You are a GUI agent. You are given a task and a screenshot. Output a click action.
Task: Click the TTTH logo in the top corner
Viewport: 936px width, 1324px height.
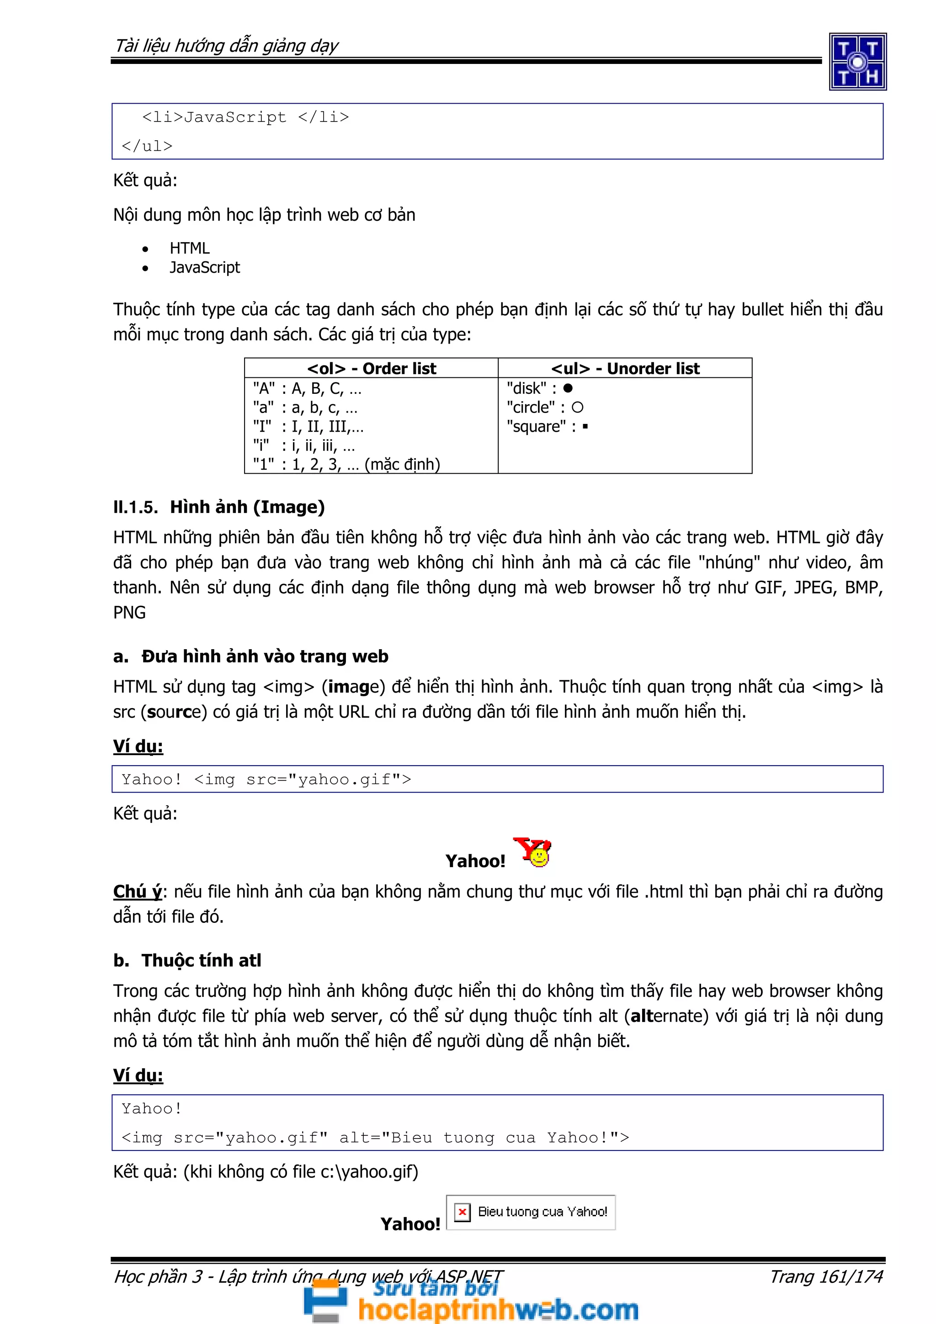[x=857, y=62]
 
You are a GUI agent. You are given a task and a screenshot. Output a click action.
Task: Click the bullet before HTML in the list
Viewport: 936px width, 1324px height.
[x=145, y=249]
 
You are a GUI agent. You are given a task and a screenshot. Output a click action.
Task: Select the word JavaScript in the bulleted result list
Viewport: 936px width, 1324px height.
[x=204, y=268]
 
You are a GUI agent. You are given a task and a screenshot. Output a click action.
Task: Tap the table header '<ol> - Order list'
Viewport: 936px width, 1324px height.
[x=372, y=369]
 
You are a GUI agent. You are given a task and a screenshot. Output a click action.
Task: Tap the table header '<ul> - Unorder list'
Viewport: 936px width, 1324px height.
[x=625, y=369]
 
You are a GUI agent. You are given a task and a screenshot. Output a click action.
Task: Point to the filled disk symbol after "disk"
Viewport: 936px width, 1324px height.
[x=568, y=388]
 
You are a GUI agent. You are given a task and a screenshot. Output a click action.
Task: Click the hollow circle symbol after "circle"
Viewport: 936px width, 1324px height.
[x=577, y=408]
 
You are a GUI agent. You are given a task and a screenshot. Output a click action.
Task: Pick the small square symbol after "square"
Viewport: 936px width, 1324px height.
[x=585, y=427]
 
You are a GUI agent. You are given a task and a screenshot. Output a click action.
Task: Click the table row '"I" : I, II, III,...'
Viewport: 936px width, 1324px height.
[x=308, y=427]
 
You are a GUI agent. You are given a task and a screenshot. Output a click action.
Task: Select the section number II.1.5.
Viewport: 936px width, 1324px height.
[x=135, y=508]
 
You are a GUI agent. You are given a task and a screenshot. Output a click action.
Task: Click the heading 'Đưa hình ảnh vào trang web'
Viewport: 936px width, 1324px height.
[x=265, y=656]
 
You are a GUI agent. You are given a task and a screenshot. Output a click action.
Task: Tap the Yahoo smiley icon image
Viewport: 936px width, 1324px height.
[x=533, y=853]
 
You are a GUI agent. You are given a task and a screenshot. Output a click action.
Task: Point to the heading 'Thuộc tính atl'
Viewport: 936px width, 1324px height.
[x=201, y=960]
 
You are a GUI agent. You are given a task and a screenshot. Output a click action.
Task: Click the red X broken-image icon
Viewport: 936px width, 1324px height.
[x=462, y=1212]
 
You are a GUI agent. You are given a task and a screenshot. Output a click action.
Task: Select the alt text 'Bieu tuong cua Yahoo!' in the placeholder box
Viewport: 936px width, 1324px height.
[x=542, y=1212]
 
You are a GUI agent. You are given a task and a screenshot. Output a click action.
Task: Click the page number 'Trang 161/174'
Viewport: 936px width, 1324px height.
[x=826, y=1276]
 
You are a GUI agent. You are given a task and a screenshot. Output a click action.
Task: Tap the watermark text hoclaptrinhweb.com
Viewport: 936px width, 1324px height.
[x=498, y=1309]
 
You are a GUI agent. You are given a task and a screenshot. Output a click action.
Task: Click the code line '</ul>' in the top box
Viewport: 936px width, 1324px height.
[x=147, y=146]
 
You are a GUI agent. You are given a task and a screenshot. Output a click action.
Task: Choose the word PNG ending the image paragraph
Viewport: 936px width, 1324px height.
[x=129, y=612]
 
